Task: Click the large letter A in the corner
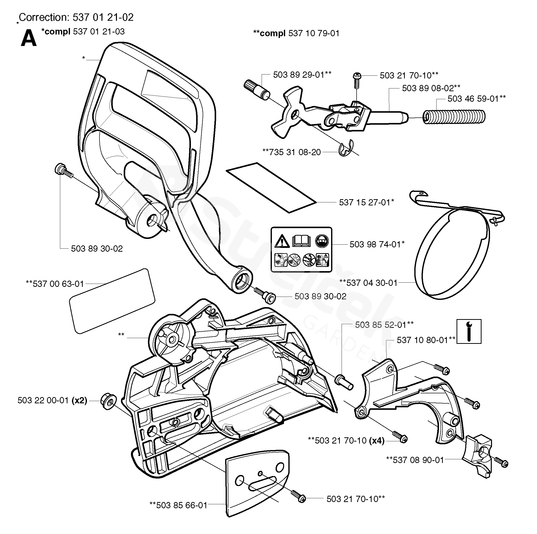(x=29, y=38)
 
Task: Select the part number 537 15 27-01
(x=364, y=202)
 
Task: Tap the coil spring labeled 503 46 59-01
(x=454, y=117)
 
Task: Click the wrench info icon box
(x=469, y=331)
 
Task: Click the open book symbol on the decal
(x=302, y=240)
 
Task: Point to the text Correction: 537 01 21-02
(x=76, y=17)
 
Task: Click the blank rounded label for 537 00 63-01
(x=112, y=301)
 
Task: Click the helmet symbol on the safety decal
(x=322, y=241)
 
